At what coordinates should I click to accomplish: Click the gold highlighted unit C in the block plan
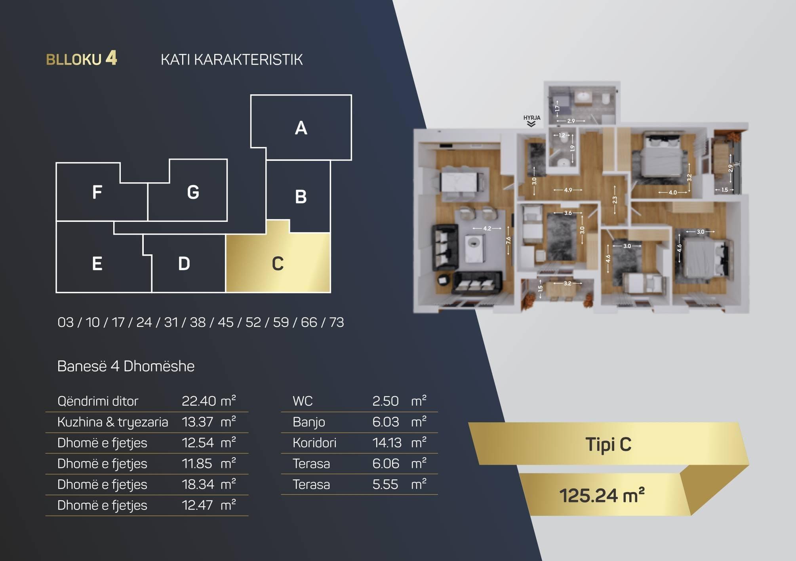tap(278, 263)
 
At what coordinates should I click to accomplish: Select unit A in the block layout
tap(301, 128)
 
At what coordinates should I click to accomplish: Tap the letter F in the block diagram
tap(97, 193)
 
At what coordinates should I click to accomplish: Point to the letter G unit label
tap(193, 193)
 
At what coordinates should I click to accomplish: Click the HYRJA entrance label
tap(531, 118)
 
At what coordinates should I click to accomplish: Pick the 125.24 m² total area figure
tap(602, 495)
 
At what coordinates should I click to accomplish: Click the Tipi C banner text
tap(608, 444)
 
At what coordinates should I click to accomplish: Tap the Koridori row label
tap(314, 443)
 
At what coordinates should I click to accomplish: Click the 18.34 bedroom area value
tap(198, 484)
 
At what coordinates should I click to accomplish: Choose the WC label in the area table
tap(303, 401)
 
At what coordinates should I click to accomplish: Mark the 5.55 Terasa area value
tap(385, 484)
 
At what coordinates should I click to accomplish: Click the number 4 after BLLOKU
tap(111, 58)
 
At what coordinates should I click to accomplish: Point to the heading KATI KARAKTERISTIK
tap(232, 60)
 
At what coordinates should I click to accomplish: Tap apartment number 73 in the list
tap(337, 322)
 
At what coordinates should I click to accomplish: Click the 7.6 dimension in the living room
tap(508, 240)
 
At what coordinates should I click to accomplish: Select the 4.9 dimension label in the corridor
tap(568, 190)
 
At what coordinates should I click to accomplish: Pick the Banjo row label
tap(309, 422)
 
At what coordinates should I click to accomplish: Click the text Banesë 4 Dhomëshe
tap(126, 366)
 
